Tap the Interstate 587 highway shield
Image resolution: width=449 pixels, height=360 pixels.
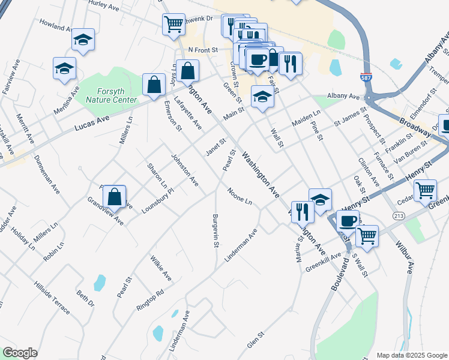pyautogui.click(x=366, y=78)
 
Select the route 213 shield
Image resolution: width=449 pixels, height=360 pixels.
pyautogui.click(x=399, y=215)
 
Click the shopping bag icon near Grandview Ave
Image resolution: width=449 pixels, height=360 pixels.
pyautogui.click(x=114, y=196)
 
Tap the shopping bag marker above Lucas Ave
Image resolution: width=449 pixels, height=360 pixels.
pyautogui.click(x=154, y=84)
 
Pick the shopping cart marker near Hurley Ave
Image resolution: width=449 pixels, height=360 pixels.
pyautogui.click(x=173, y=24)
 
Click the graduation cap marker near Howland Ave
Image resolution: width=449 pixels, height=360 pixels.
pyautogui.click(x=83, y=40)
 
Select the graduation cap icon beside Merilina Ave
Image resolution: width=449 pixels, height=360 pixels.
pyautogui.click(x=64, y=68)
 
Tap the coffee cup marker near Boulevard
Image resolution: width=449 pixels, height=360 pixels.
pyautogui.click(x=348, y=220)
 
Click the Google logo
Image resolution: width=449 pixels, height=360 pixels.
pyautogui.click(x=20, y=353)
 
